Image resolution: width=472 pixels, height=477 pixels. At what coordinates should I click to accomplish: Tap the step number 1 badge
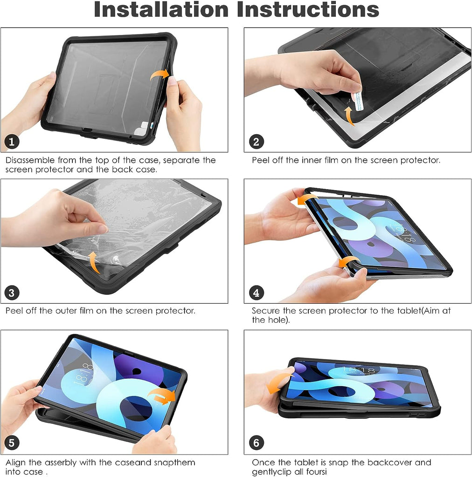tap(12, 142)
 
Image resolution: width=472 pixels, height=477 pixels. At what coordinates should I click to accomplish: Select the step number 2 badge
tap(257, 142)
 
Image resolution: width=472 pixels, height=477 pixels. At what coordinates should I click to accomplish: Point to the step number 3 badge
tap(12, 293)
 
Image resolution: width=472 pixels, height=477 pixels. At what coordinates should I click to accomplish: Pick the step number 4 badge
tap(257, 293)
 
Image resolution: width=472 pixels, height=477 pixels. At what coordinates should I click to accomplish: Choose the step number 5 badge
tap(12, 443)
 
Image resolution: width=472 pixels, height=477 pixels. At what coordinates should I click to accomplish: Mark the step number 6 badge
tap(257, 443)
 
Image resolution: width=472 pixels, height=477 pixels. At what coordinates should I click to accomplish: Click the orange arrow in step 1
tap(160, 74)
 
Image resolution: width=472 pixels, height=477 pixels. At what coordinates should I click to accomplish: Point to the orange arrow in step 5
tap(163, 396)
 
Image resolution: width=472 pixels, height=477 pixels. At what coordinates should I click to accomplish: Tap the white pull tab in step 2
tap(357, 101)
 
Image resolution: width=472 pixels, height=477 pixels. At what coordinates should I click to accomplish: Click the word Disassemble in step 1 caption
tap(30, 160)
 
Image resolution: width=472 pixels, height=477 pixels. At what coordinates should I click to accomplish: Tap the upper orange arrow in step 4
tap(306, 199)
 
